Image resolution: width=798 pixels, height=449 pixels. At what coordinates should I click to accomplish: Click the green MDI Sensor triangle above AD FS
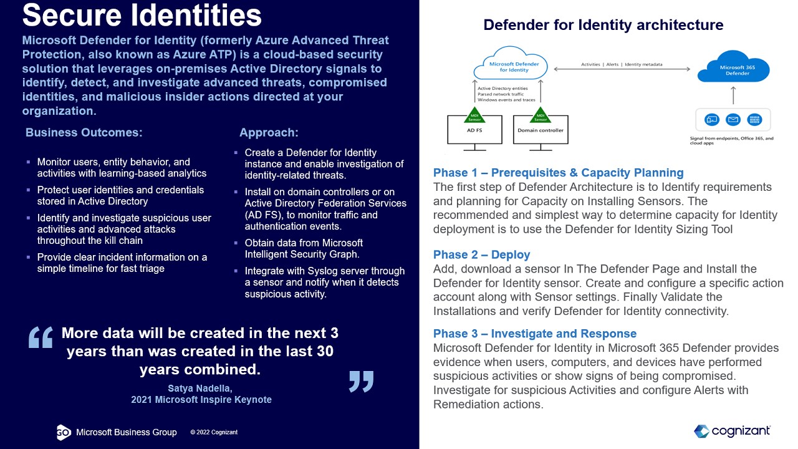(x=475, y=116)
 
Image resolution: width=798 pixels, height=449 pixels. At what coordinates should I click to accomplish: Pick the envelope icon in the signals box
(x=733, y=120)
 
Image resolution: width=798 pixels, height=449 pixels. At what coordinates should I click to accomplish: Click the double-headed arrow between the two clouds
(x=621, y=69)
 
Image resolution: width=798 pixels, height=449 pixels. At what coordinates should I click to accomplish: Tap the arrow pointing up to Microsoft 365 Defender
(x=733, y=95)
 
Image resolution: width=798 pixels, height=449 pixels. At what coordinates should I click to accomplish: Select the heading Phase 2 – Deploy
(x=481, y=254)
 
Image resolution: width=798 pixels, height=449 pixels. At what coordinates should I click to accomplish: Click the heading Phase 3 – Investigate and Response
(x=535, y=334)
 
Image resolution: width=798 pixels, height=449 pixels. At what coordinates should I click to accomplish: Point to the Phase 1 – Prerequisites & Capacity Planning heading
(x=558, y=173)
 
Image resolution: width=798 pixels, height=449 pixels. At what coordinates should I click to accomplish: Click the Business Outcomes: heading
(x=84, y=132)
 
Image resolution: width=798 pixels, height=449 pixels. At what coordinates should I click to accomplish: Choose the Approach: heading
(x=269, y=132)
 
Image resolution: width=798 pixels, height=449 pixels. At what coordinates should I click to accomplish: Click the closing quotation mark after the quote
(x=361, y=380)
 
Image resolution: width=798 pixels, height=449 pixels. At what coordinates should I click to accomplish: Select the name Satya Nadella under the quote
(x=200, y=388)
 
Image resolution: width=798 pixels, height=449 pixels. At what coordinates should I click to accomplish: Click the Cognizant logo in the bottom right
(x=732, y=431)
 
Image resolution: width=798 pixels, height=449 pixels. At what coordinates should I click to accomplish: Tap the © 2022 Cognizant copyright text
(x=214, y=432)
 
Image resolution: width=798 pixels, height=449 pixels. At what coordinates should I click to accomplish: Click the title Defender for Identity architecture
(x=603, y=25)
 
